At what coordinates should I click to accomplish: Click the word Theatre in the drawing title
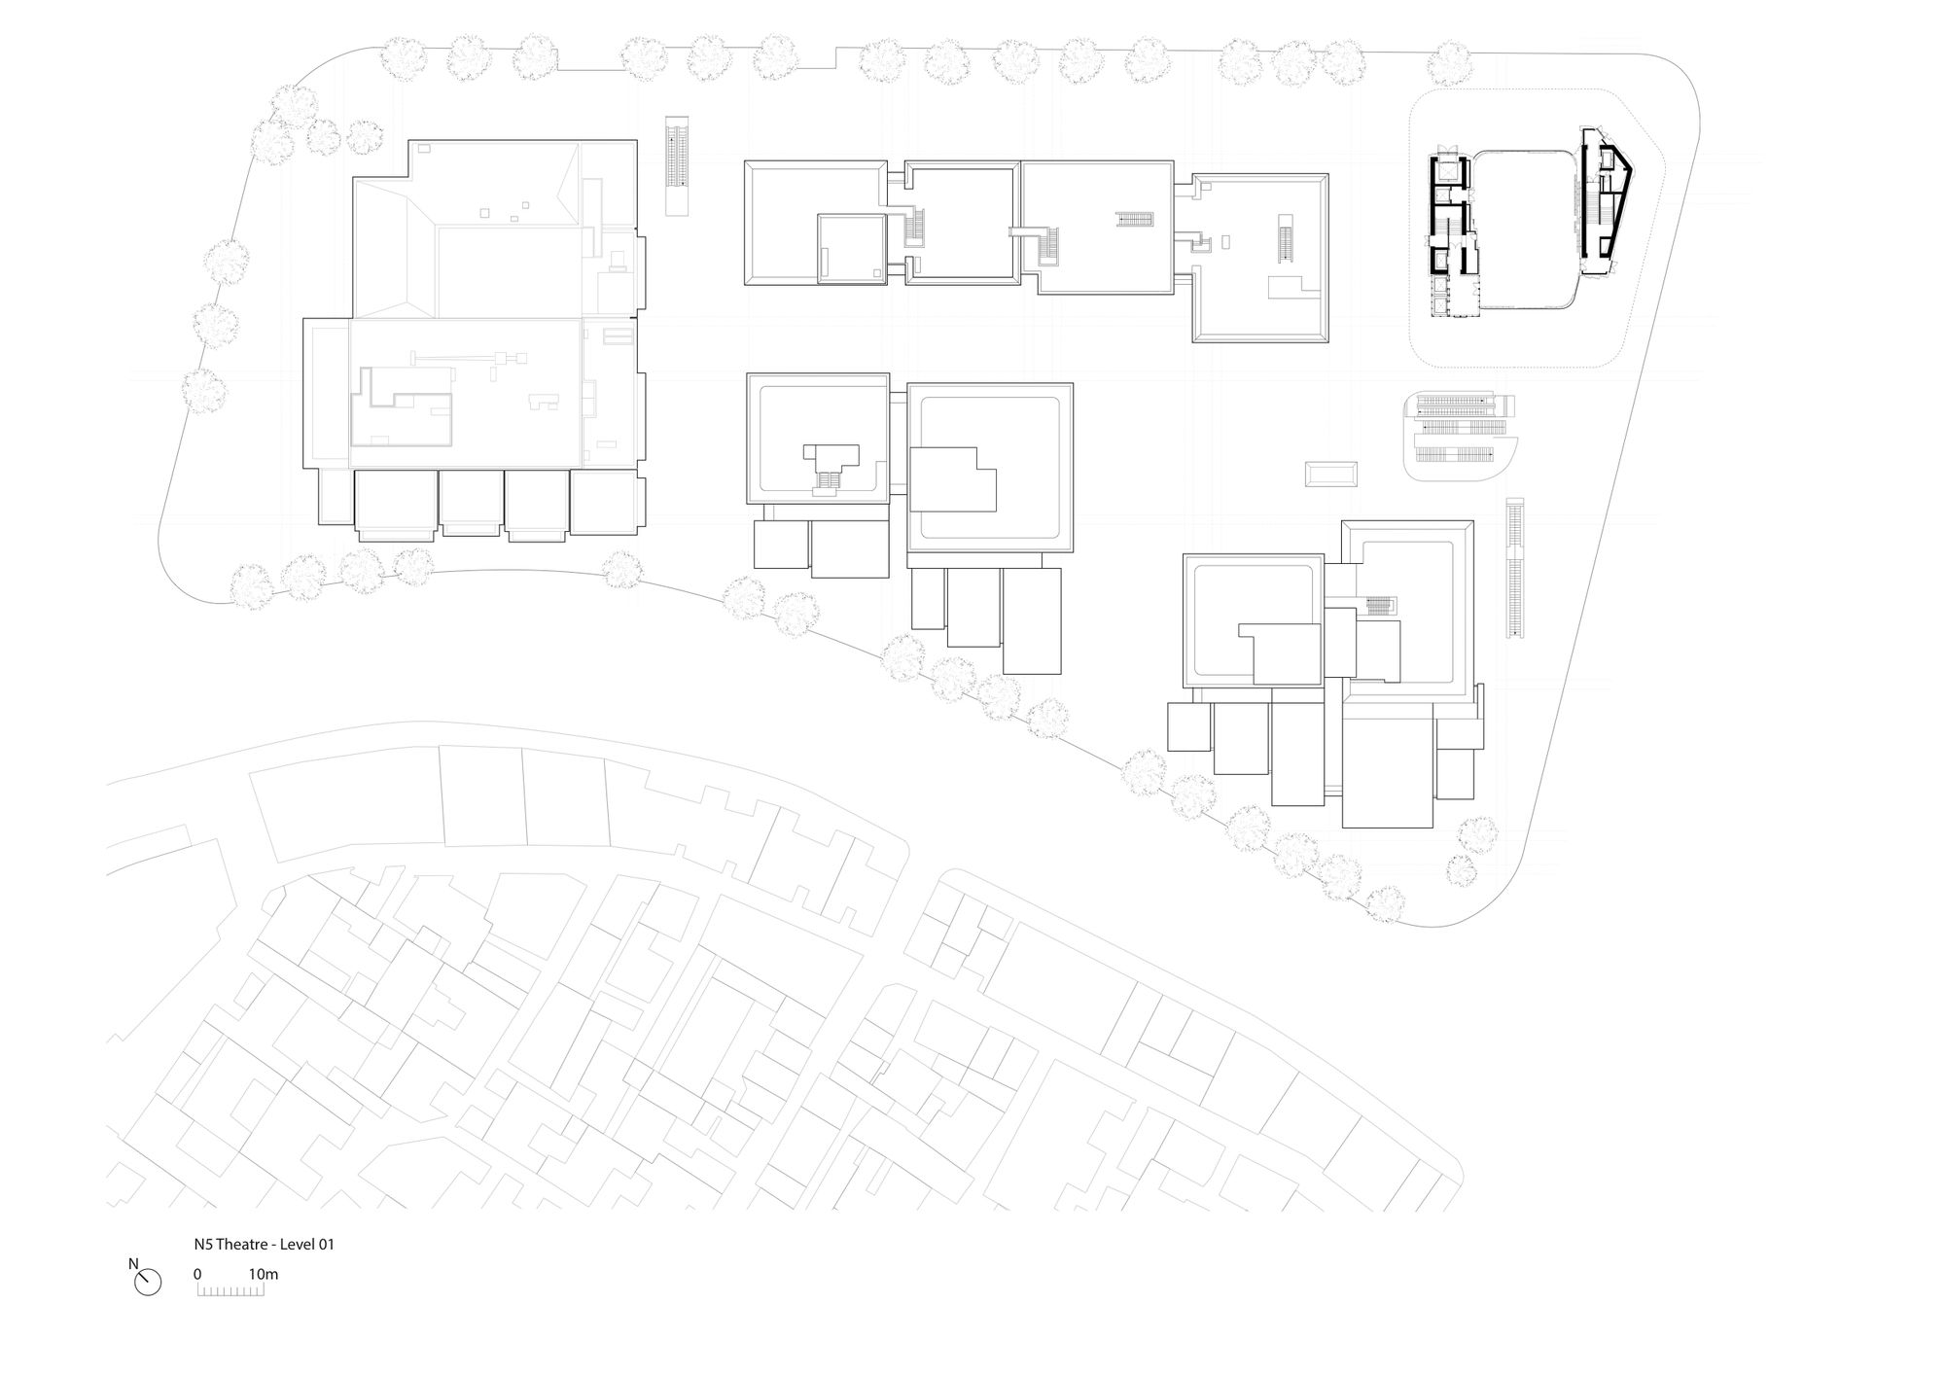point(239,1244)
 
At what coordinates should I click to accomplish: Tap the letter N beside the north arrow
point(133,1264)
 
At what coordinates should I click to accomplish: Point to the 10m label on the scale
point(264,1274)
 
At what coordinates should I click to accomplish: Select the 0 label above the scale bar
point(197,1274)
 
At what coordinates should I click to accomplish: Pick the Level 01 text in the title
point(305,1244)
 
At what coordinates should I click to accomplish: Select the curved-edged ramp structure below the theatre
point(1460,436)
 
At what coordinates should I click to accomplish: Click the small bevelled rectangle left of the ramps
point(1330,475)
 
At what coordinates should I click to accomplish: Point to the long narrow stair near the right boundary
point(1514,568)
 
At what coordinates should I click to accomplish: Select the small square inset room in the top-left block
point(852,249)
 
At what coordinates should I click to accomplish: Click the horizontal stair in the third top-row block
point(1134,218)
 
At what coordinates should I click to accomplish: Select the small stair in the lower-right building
point(1380,607)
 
